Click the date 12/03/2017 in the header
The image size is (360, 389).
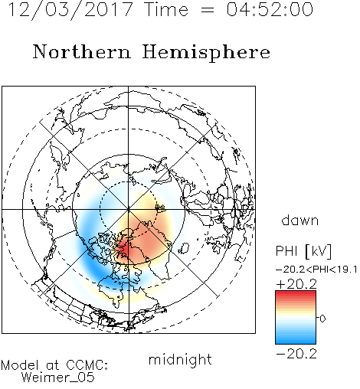(x=70, y=10)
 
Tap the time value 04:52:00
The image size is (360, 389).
(x=270, y=9)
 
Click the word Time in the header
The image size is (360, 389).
(x=166, y=9)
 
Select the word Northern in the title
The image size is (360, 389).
(x=82, y=52)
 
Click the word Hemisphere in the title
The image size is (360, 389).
(x=206, y=53)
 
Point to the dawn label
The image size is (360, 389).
(x=300, y=220)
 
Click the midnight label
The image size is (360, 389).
(x=180, y=360)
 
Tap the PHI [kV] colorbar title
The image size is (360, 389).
(x=303, y=251)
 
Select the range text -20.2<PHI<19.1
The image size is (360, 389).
(x=316, y=270)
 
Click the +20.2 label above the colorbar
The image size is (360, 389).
(x=296, y=284)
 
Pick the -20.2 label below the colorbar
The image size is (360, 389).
(x=296, y=354)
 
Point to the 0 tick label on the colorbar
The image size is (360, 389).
(x=322, y=319)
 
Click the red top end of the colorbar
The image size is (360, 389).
(x=296, y=293)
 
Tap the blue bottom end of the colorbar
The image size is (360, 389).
(x=296, y=342)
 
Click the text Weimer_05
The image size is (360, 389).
(x=58, y=378)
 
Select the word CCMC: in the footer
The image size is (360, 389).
(x=87, y=365)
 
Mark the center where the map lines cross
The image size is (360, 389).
(x=129, y=209)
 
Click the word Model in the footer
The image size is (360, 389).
(x=20, y=365)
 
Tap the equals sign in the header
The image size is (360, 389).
(x=208, y=10)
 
